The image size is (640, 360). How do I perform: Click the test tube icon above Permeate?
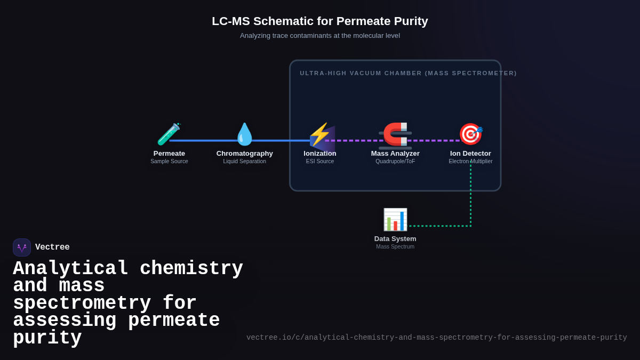coord(169,134)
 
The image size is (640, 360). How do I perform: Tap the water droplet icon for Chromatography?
coord(244,134)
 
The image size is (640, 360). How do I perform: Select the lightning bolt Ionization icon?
coord(319,134)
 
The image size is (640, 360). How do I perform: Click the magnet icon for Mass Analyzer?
coord(395,134)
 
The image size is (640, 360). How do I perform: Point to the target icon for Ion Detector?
coord(470,134)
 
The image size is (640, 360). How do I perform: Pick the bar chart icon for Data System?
coord(395,219)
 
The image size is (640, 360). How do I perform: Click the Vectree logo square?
coord(22,247)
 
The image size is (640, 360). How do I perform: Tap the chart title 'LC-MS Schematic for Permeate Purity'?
coord(320,21)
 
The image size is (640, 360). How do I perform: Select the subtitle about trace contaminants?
coord(320,36)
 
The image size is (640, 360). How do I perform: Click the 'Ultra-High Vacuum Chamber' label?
coord(408,73)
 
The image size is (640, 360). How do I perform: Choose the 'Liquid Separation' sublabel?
coord(244,161)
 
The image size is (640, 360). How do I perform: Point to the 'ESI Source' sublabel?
coord(320,161)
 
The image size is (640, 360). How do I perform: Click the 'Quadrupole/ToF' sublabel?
coord(395,161)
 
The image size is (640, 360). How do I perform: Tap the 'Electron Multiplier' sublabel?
coord(470,161)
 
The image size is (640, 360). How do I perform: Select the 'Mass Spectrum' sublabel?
coord(395,246)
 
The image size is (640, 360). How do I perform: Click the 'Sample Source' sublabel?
coord(169,161)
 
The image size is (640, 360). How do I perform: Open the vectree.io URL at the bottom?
coord(436,338)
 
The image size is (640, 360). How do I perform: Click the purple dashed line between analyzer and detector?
coord(433,141)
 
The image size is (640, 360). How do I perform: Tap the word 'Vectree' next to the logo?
coord(52,247)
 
